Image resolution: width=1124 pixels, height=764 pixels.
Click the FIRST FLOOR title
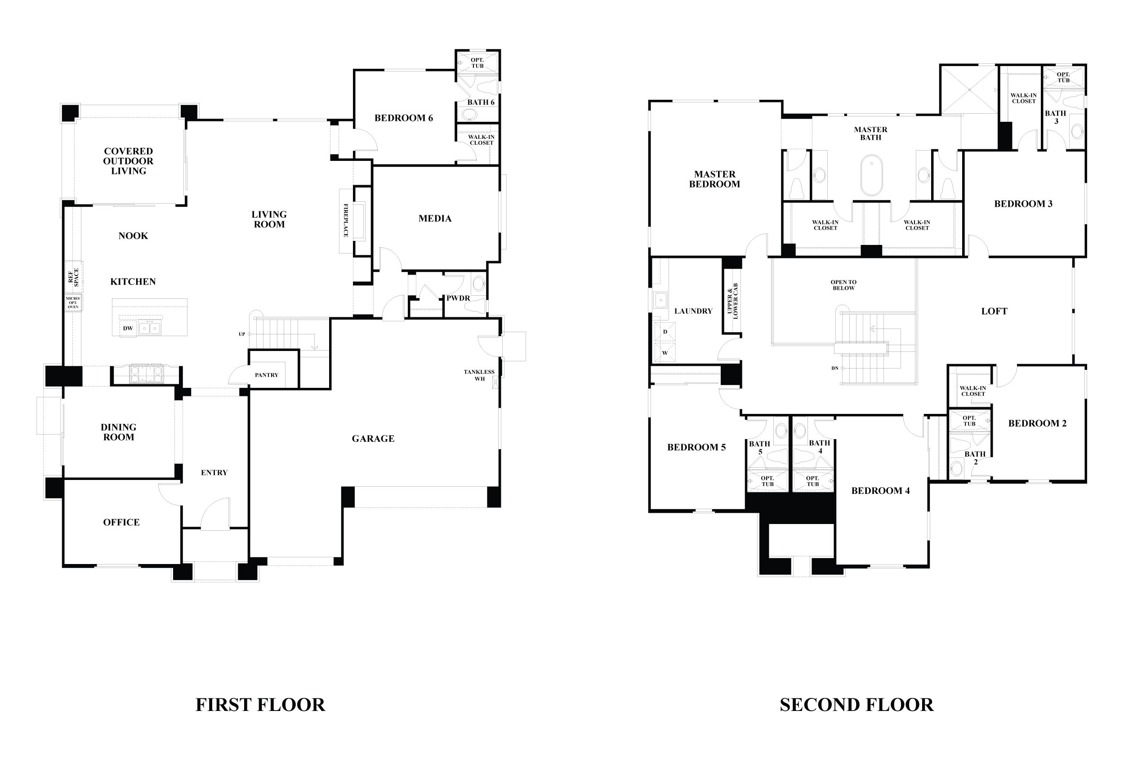click(260, 705)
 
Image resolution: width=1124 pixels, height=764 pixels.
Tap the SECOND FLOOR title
click(856, 705)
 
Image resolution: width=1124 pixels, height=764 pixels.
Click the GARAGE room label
click(372, 439)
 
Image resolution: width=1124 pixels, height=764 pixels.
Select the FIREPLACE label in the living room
click(346, 221)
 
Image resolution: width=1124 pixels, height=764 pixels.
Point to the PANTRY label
click(267, 375)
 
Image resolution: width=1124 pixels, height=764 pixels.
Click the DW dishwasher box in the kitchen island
click(128, 329)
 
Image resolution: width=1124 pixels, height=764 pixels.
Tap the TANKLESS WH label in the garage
click(479, 375)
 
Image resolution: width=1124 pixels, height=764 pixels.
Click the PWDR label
click(458, 298)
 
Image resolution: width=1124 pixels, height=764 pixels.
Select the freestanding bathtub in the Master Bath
click(871, 175)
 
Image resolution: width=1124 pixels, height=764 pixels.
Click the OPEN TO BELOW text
click(843, 285)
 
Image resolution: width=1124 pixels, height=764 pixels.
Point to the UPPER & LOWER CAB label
click(732, 301)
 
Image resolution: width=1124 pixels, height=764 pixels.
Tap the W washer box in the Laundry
click(665, 353)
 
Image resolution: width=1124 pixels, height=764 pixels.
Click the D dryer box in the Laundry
click(665, 332)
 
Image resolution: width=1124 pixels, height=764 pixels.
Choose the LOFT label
click(994, 311)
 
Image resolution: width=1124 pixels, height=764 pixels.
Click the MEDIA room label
click(435, 218)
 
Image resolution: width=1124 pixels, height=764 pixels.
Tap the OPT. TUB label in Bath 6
click(477, 63)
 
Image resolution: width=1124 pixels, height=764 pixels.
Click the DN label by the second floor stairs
click(835, 368)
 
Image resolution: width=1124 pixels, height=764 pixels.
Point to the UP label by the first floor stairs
click(242, 334)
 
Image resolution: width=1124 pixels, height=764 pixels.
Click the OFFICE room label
click(121, 522)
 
